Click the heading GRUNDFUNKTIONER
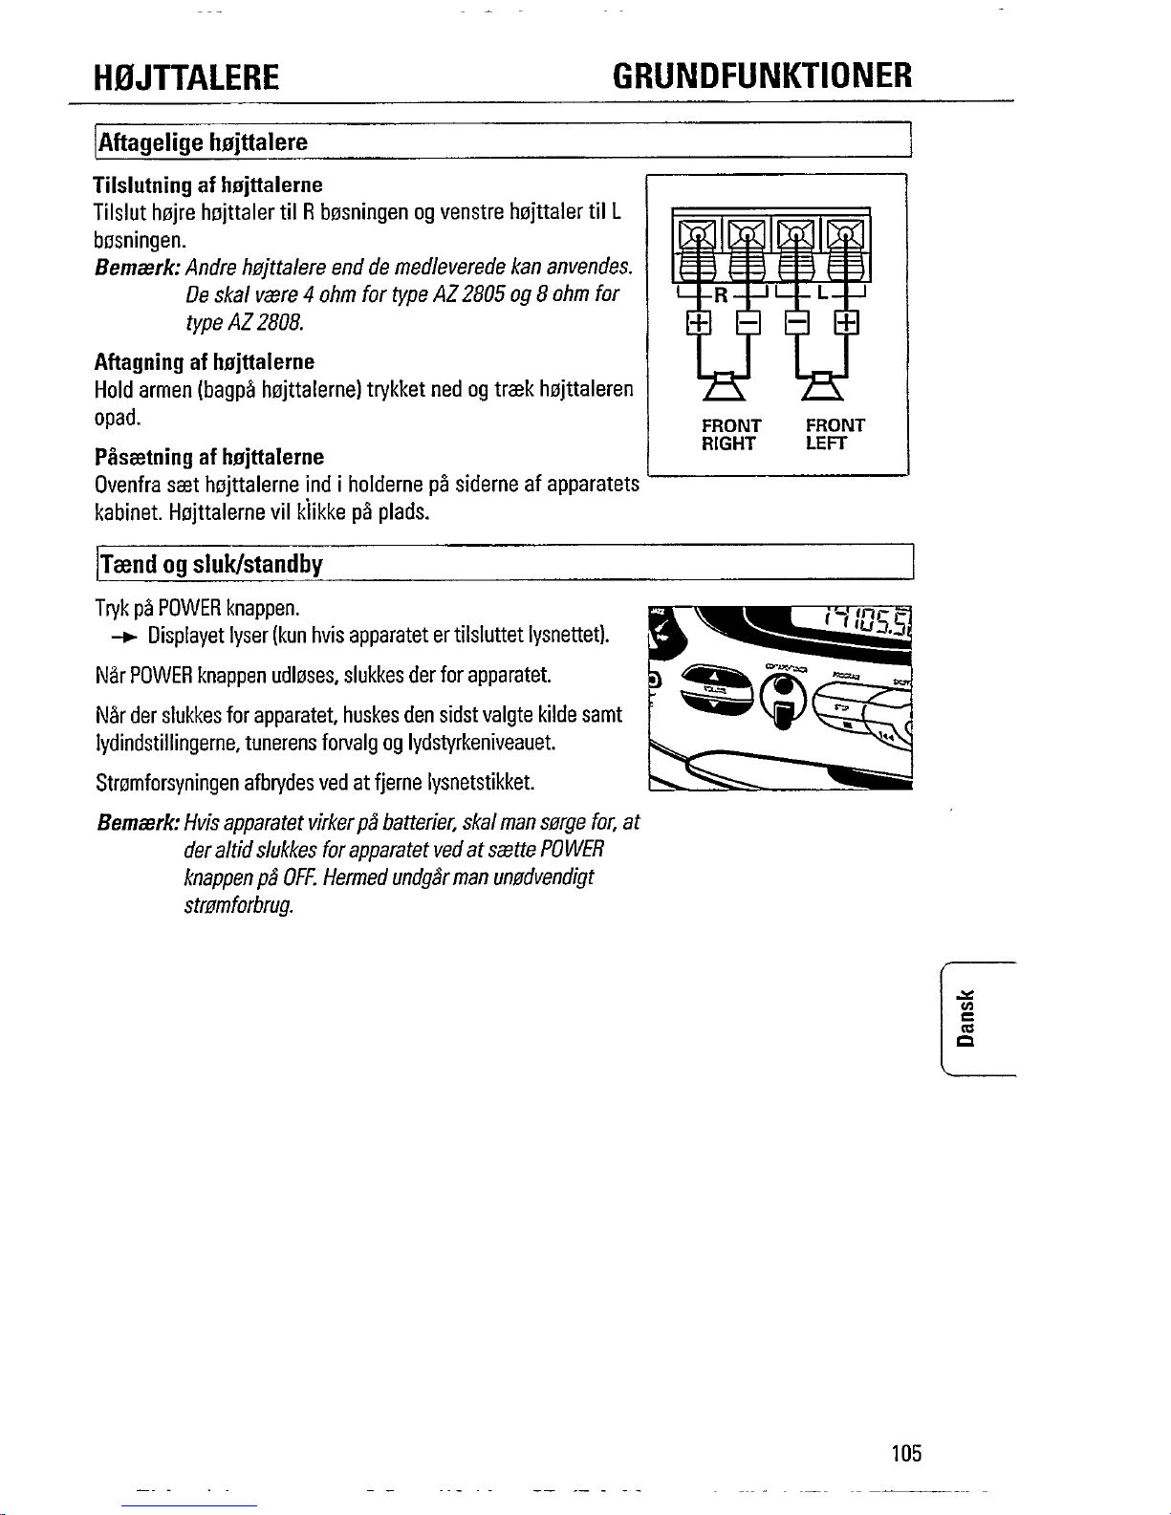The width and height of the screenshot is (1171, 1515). point(762,75)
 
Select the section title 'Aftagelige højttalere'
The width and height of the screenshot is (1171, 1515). point(202,142)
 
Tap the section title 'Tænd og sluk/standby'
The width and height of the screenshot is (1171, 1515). point(211,564)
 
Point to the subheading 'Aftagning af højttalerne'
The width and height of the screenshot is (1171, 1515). point(204,362)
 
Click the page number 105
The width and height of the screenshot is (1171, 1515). point(904,1454)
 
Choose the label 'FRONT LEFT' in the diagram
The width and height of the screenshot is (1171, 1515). point(835,434)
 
